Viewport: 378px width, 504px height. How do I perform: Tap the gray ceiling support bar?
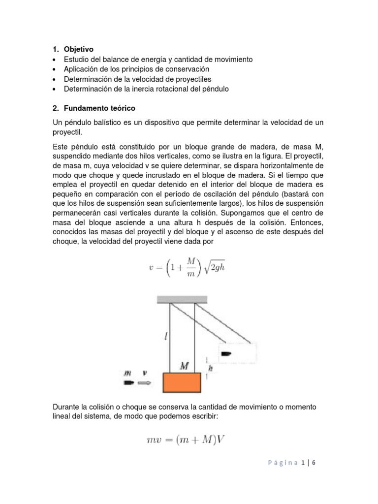[x=182, y=299]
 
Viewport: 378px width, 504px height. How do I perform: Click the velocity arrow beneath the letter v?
[x=145, y=382]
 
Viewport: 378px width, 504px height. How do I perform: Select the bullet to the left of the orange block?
[x=128, y=382]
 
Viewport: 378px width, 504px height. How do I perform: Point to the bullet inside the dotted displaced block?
[x=226, y=353]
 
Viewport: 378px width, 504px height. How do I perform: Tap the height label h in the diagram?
[x=210, y=367]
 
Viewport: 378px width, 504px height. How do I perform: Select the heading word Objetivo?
[x=78, y=49]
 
